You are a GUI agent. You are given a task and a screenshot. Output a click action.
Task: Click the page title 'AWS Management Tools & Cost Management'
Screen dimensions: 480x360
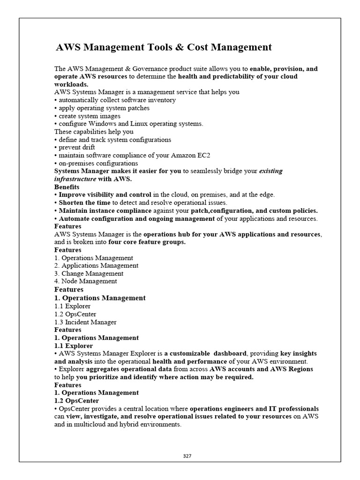[164, 47]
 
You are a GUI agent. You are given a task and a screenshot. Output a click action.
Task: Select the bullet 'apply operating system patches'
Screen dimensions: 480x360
[104, 108]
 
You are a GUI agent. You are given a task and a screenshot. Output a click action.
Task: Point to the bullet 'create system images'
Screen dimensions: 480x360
[89, 116]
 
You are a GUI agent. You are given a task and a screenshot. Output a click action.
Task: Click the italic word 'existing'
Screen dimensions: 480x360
[271, 171]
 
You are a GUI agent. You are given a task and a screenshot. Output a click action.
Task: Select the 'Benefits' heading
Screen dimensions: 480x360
[67, 187]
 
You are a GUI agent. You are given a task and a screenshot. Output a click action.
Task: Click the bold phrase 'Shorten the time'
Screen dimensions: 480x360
[84, 203]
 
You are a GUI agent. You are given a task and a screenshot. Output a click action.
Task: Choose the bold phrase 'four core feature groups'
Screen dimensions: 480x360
[146, 242]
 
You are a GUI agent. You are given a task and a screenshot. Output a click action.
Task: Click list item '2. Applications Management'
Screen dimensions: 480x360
[96, 266]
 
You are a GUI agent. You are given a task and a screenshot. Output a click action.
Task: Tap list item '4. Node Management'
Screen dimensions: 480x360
[86, 281]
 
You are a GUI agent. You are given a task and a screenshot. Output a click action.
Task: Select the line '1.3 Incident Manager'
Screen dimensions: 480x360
[85, 322]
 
